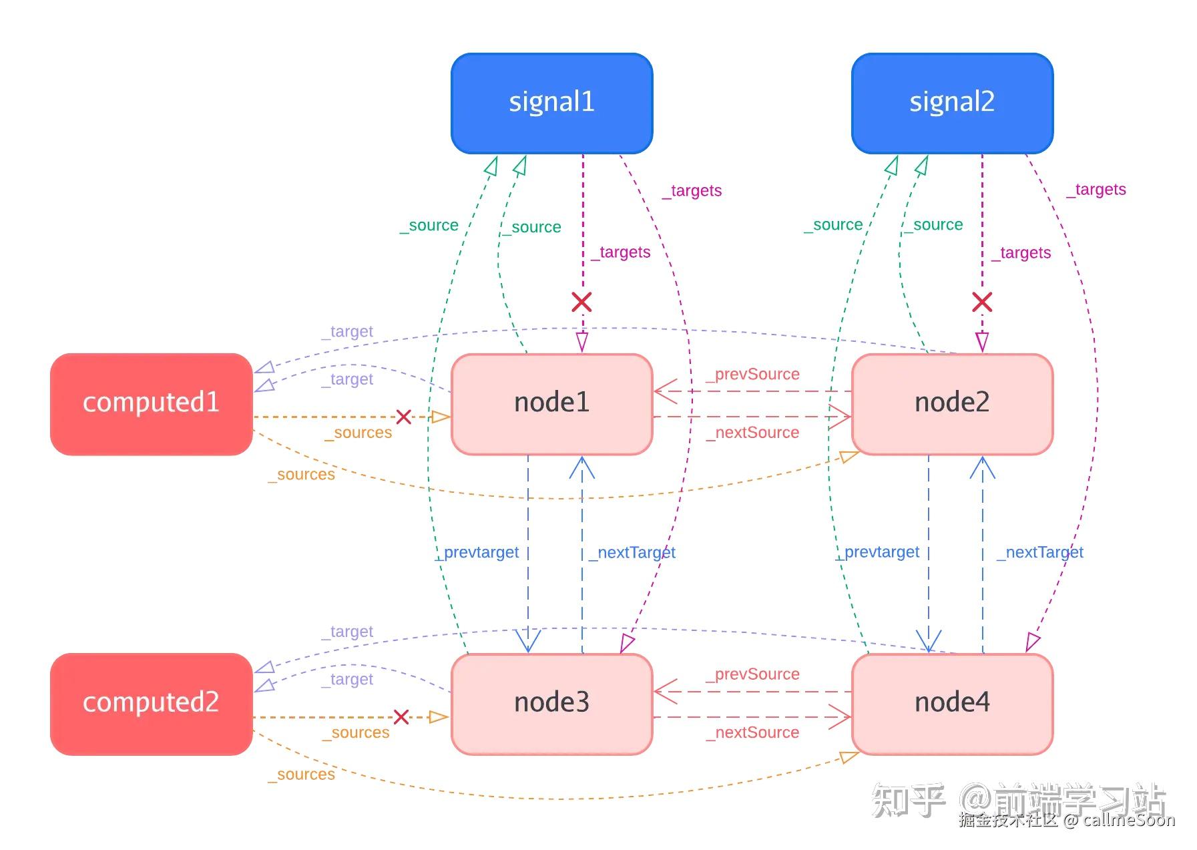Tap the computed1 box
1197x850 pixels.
coord(152,404)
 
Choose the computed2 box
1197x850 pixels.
coord(152,704)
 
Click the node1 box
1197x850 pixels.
coord(551,404)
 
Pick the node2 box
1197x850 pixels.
coord(952,404)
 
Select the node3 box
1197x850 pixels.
coord(551,704)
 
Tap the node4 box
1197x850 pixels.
coord(952,704)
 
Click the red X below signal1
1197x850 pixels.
coord(581,302)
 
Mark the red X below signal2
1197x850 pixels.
coord(981,302)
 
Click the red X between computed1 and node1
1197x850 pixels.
coord(403,417)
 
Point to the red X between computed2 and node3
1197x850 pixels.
coord(401,717)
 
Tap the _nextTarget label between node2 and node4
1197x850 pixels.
coord(1040,553)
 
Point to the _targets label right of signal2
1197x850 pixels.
coord(1096,190)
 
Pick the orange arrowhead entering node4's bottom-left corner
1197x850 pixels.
coord(849,757)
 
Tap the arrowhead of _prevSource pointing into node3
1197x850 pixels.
coord(664,692)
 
